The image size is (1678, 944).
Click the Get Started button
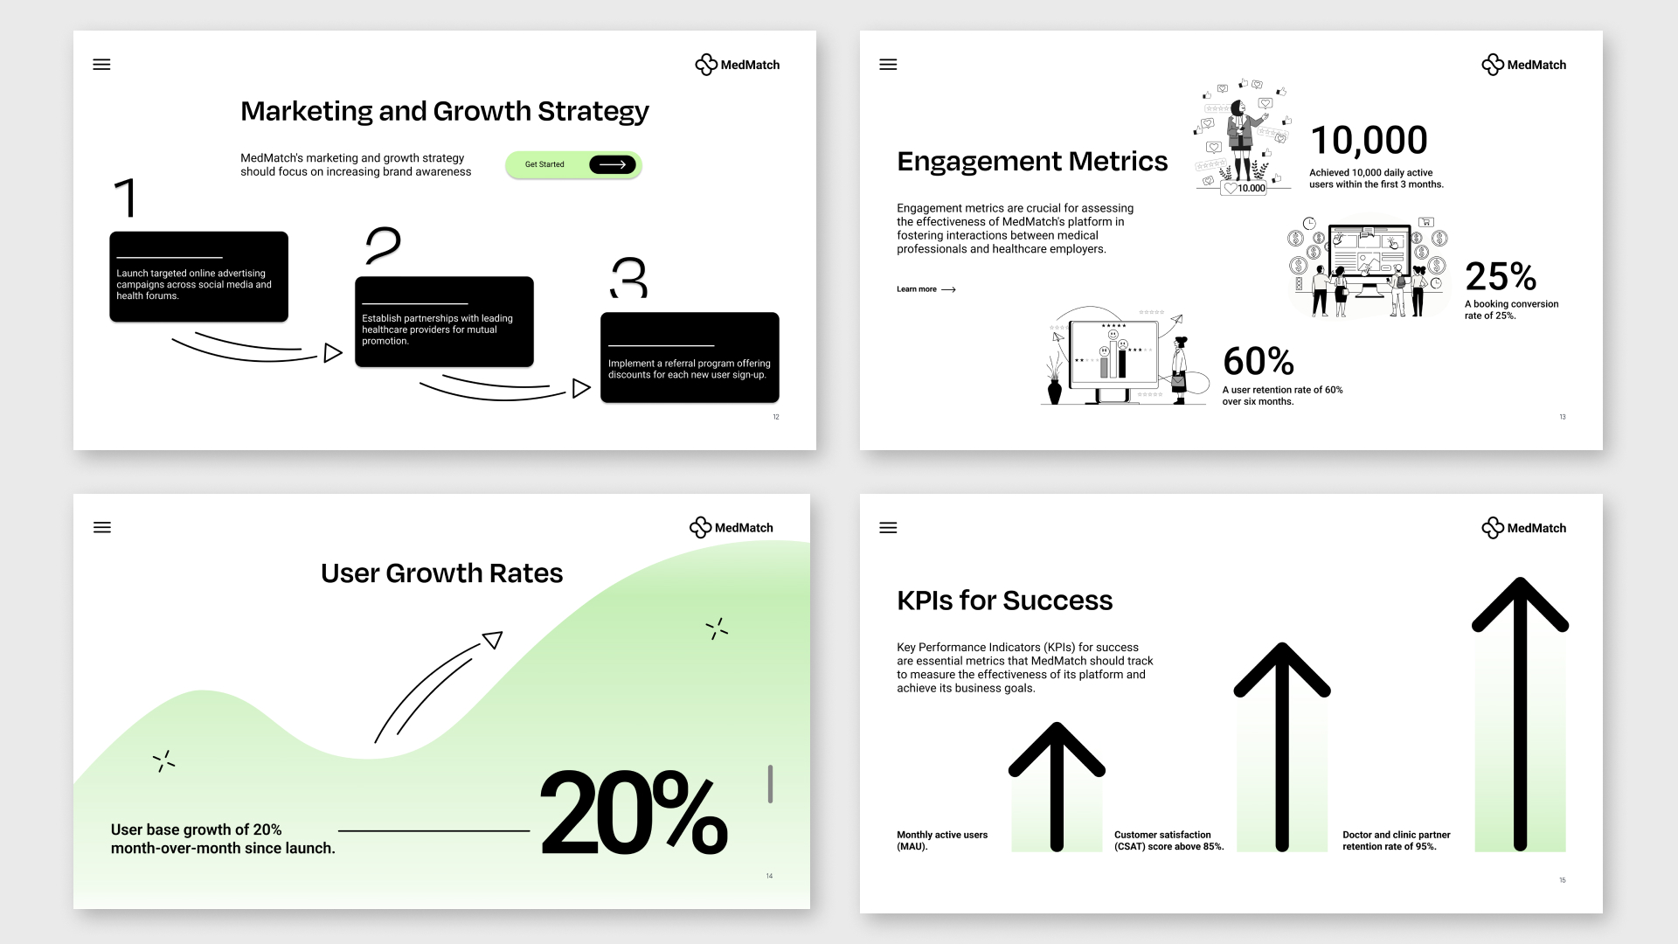coord(573,164)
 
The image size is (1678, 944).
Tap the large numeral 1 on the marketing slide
coord(127,198)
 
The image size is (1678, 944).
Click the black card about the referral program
coord(690,357)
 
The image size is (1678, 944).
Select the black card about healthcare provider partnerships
coord(444,322)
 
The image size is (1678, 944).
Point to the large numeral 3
coord(628,277)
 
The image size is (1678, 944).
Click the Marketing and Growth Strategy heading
coord(445,111)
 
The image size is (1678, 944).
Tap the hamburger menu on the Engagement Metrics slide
coord(888,65)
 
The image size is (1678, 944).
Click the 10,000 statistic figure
coord(1369,140)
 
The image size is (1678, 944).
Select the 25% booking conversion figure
coord(1501,277)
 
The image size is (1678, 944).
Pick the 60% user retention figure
coord(1258,361)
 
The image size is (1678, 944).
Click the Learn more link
coord(926,289)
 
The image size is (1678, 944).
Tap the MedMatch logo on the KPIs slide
coord(1524,528)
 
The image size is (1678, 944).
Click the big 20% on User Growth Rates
coord(634,813)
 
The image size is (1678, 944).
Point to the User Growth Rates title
coord(441,573)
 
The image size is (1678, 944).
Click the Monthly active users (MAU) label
coord(942,841)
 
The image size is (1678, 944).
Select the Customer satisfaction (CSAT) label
coord(1169,841)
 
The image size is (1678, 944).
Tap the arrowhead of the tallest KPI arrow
coord(1521,603)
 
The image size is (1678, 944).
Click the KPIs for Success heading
coord(1005,600)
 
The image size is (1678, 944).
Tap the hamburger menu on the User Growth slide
coord(102,528)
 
